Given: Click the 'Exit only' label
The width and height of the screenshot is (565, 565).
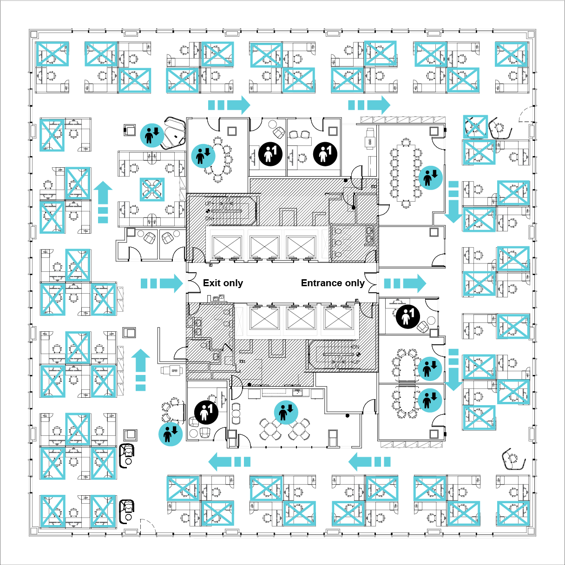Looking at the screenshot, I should click(223, 283).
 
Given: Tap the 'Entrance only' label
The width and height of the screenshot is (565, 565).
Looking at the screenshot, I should click(332, 283).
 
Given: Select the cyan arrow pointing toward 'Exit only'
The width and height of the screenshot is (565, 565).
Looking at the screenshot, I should click(162, 283).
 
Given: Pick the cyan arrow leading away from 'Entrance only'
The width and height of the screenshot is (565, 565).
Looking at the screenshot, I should click(405, 283).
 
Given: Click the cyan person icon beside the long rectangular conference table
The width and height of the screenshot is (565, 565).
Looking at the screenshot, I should click(431, 177).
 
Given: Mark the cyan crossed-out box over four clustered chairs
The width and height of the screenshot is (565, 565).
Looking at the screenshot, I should click(152, 189).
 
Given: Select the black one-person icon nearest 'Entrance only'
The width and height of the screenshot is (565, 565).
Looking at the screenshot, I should click(407, 316).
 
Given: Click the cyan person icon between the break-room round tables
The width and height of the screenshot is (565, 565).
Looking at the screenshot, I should click(286, 412).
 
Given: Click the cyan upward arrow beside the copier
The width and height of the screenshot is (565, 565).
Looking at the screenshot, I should click(140, 370).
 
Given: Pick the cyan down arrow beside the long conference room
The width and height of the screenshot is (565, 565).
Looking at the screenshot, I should click(453, 202).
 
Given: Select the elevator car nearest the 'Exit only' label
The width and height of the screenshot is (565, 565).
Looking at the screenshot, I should click(227, 246).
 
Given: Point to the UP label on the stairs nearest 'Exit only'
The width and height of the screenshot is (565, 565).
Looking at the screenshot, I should click(209, 204).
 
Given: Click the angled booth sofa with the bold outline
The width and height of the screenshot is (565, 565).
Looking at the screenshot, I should click(175, 133).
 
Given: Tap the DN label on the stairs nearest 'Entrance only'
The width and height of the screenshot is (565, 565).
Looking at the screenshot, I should click(355, 347).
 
